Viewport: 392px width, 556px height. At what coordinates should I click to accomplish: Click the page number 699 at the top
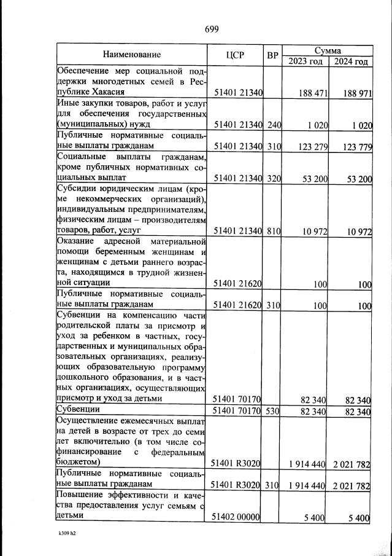(211, 29)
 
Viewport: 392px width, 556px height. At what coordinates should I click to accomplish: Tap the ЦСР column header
(235, 55)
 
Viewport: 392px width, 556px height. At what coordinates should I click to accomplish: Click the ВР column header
(273, 55)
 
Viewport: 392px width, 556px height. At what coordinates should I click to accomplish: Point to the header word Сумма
(327, 49)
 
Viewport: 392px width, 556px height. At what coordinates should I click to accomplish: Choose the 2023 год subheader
(306, 61)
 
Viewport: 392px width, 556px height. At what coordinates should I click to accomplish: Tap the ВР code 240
(274, 125)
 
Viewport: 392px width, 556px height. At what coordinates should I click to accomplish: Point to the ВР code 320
(274, 179)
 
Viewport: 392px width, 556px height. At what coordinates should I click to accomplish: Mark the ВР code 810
(274, 231)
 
